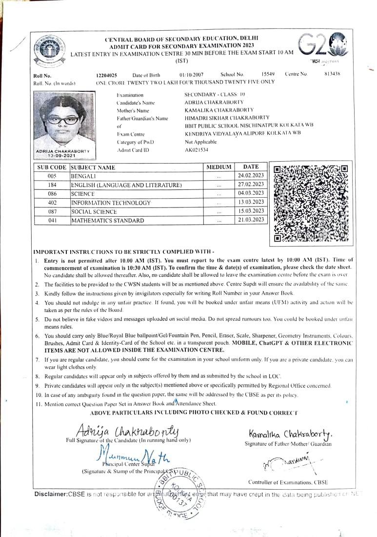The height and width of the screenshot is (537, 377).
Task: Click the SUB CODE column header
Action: pos(51,167)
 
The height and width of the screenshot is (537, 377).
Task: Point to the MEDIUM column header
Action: pos(218,167)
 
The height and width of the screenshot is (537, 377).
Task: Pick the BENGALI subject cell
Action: pos(84,176)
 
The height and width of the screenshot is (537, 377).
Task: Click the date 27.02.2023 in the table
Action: pos(251,185)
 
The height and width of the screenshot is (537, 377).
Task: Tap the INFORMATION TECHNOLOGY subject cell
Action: pos(111,203)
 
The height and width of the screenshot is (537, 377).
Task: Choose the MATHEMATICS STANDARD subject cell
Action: pos(107,221)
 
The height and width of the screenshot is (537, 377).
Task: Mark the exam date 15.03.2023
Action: pos(251,211)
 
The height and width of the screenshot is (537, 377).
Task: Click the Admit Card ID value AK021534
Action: pos(197,150)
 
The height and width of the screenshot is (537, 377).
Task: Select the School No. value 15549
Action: pos(268,74)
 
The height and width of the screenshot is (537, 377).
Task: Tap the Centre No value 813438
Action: pos(332,74)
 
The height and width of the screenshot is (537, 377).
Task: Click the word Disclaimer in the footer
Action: pos(51,495)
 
